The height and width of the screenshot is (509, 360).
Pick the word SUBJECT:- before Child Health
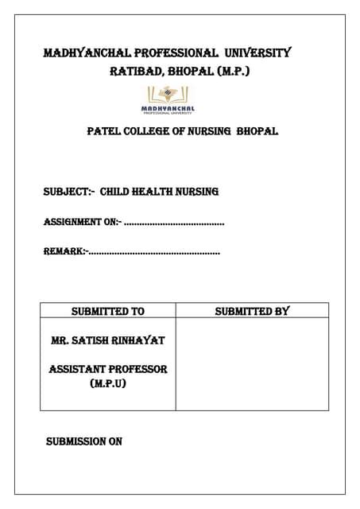click(x=68, y=192)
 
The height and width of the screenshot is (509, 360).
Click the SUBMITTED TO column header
click(x=108, y=311)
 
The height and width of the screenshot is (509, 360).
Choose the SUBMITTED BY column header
click(x=252, y=311)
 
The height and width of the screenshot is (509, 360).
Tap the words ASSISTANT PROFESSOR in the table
click(x=107, y=370)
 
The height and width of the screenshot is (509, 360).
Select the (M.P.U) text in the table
click(x=107, y=384)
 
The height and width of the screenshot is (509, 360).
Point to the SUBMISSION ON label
click(x=83, y=441)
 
